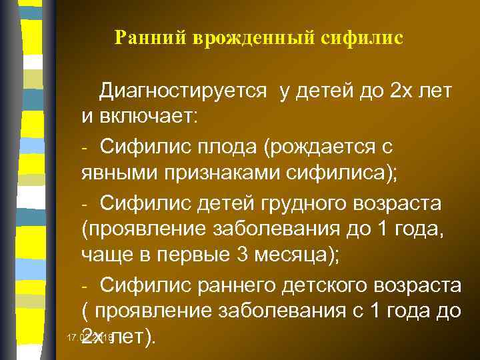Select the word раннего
[234, 285]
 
